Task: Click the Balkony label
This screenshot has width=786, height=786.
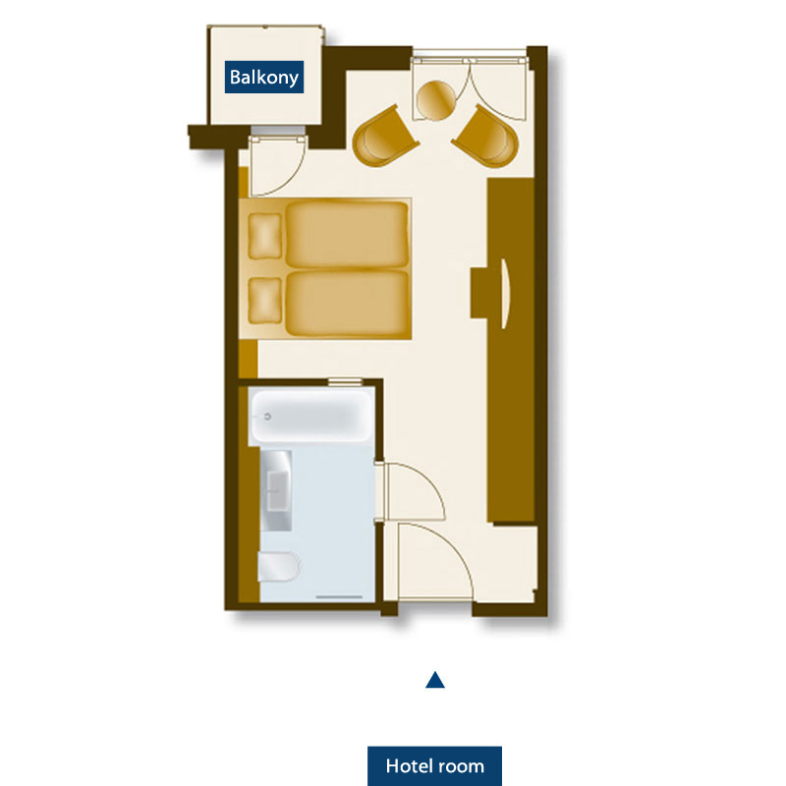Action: point(263,78)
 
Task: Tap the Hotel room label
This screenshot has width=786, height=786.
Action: point(434,766)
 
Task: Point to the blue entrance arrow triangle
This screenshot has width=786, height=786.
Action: point(435,680)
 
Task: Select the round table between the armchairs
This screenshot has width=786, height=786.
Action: point(436,100)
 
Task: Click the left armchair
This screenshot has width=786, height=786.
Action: point(384,137)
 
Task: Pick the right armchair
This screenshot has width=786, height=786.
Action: point(486,137)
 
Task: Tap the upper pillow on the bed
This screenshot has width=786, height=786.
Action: point(264,236)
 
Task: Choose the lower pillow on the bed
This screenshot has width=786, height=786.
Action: point(264,301)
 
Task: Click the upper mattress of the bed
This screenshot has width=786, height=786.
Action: point(347,235)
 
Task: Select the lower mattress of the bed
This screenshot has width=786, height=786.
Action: point(347,304)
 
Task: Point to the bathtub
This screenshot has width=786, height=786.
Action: point(311,416)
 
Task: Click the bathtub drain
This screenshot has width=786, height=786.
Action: point(267,417)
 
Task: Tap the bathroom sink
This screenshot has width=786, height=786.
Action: point(276,490)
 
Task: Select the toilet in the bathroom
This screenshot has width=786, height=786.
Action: point(279,567)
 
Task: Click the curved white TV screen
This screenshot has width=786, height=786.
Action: point(506,294)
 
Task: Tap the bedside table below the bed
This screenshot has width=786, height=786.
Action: point(248,359)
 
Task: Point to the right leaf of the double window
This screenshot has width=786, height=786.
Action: point(498,90)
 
